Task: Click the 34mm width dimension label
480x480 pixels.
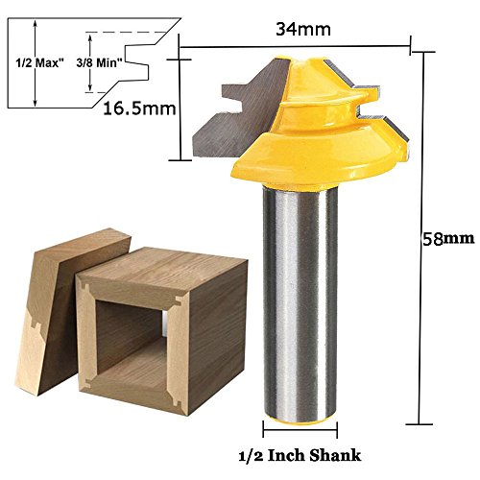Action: (x=303, y=30)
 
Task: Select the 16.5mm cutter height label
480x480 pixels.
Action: (x=139, y=108)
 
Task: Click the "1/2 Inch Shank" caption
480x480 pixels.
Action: (x=300, y=455)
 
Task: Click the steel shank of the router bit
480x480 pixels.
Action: (x=300, y=352)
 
